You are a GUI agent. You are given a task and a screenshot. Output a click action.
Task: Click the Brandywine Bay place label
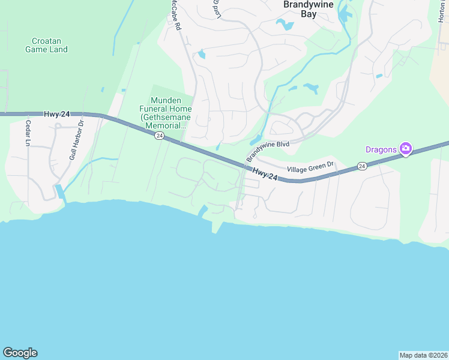(x=308, y=8)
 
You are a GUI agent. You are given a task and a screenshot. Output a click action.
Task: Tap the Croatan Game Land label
(x=46, y=45)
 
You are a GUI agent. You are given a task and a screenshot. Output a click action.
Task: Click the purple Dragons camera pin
(x=406, y=148)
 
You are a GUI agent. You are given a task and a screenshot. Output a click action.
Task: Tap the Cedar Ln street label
(x=28, y=133)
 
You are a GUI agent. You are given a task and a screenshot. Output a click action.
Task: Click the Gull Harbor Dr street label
(x=76, y=139)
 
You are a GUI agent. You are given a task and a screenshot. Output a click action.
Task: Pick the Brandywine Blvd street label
(x=268, y=152)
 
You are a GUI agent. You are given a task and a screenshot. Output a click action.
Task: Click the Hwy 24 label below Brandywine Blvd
(x=265, y=173)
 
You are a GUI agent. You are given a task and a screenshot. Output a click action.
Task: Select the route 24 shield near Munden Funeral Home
(x=158, y=136)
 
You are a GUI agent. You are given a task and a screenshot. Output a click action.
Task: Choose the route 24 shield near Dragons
(x=361, y=166)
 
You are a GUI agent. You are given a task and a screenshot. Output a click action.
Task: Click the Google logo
(x=20, y=353)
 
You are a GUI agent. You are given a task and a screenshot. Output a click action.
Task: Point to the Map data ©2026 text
(x=423, y=355)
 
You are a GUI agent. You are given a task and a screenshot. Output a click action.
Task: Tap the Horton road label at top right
(x=441, y=12)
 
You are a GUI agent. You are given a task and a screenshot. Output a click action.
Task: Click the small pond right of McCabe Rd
(x=201, y=55)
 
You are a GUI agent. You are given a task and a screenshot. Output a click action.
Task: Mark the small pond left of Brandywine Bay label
(x=283, y=25)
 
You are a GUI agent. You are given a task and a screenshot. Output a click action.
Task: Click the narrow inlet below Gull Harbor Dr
(x=60, y=193)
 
